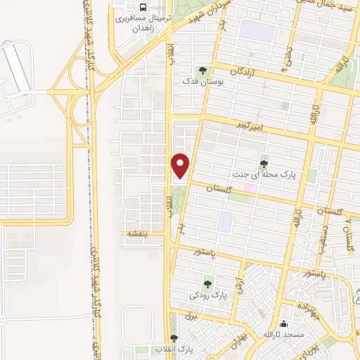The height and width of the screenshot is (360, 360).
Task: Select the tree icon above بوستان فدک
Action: [x=203, y=70]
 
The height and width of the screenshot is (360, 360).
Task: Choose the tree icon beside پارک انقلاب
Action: [x=174, y=338]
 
